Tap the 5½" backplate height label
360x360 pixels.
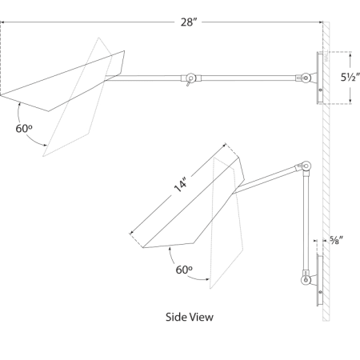tap(346, 78)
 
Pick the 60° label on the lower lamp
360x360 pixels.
tap(185, 270)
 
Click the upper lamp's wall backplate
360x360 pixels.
tap(318, 78)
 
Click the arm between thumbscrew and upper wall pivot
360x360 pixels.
tap(248, 78)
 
